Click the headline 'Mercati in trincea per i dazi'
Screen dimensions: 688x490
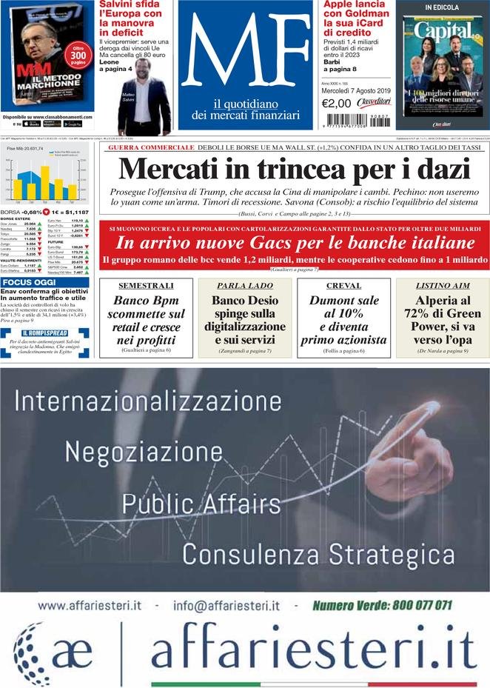point(294,170)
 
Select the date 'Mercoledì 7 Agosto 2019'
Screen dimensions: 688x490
point(355,91)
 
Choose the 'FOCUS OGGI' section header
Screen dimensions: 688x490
point(27,282)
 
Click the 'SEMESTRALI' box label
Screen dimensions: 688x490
point(146,285)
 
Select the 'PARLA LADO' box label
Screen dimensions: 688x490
point(244,285)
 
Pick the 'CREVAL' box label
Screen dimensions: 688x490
point(343,285)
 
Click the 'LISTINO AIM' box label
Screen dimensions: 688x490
point(442,285)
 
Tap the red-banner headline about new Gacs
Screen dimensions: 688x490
point(294,243)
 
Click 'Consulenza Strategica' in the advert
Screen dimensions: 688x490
point(318,553)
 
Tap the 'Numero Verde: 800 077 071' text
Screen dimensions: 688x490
point(382,605)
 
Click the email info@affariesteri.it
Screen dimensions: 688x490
point(226,606)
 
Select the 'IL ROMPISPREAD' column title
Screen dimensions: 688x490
point(44,333)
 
